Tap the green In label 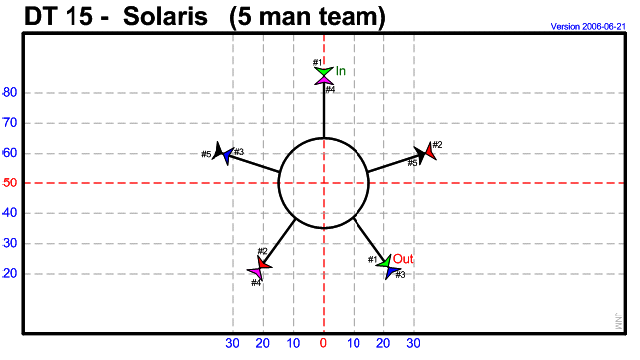coord(341,71)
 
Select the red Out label coord(403,258)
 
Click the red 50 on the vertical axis coord(10,183)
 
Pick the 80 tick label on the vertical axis coord(10,93)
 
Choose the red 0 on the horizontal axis coord(323,344)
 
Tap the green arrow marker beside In coord(323,71)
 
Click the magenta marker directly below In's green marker coord(323,80)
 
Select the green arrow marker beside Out coord(385,261)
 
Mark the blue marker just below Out coord(391,271)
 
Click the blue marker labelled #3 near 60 coord(227,156)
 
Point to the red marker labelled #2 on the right coord(429,152)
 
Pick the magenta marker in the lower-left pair coord(256,272)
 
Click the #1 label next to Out coord(372,260)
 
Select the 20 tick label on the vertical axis coord(10,273)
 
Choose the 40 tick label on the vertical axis coord(10,213)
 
